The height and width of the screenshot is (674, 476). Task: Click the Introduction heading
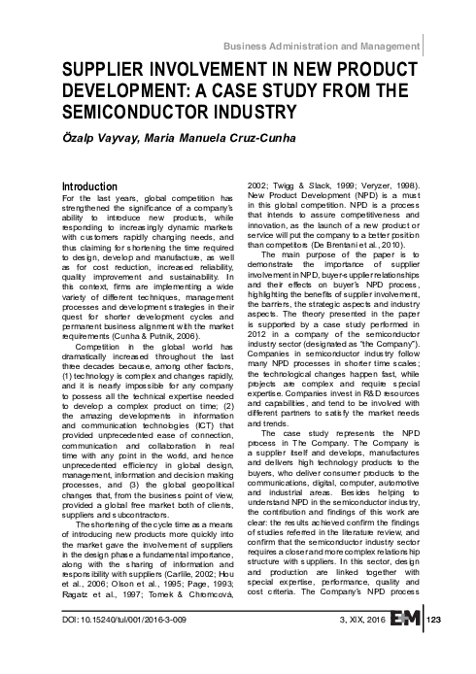tap(90, 185)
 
